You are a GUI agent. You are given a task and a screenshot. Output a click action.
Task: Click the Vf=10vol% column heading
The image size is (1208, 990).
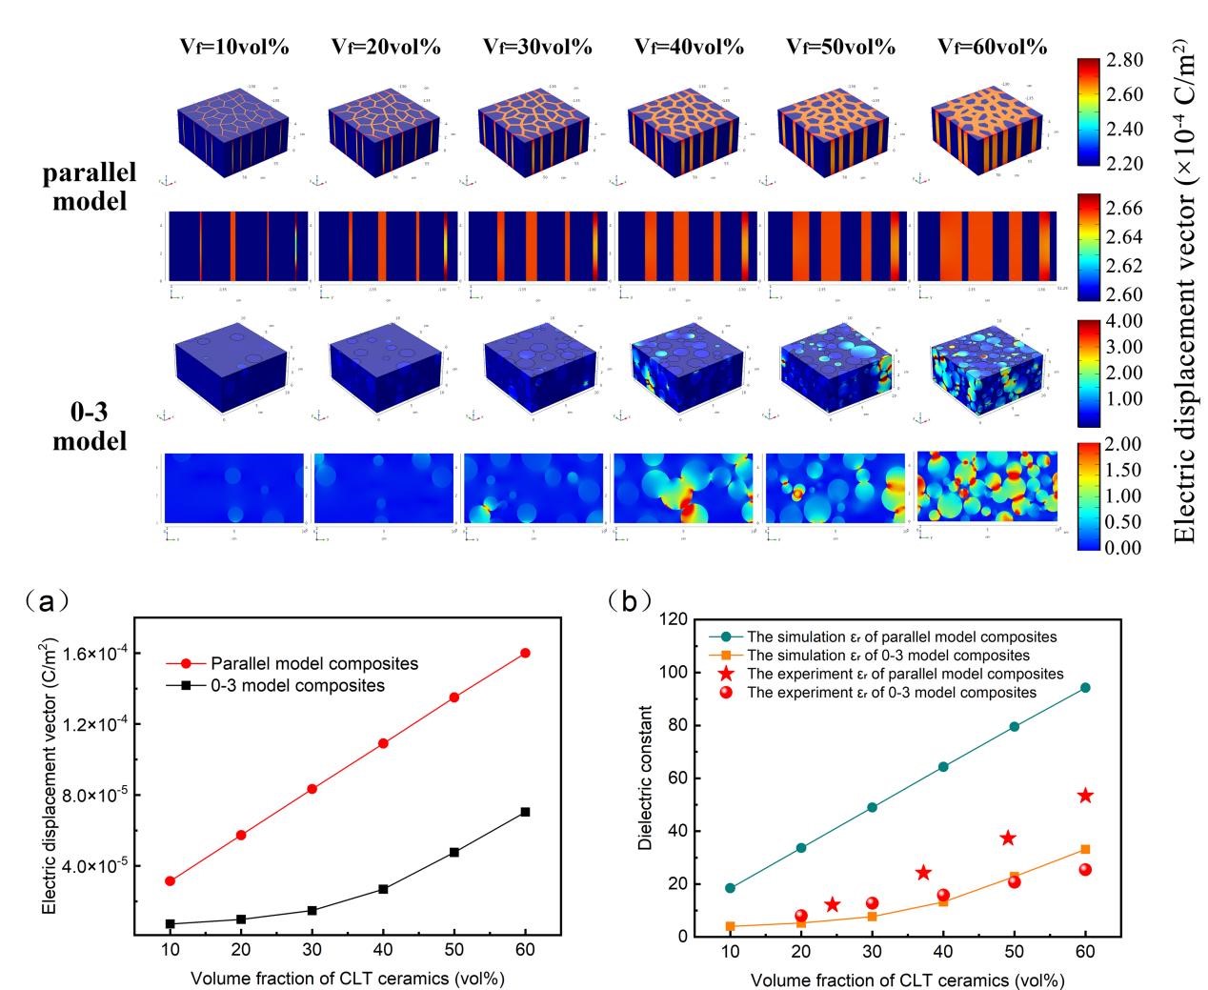click(233, 47)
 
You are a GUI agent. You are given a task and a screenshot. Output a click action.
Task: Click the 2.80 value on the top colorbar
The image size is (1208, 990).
click(1125, 61)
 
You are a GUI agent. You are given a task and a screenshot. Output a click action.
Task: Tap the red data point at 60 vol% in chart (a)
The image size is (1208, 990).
click(525, 653)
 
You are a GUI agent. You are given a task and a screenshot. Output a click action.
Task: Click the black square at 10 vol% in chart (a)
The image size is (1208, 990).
click(170, 924)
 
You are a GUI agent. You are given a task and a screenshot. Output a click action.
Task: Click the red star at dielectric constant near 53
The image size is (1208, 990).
click(1085, 796)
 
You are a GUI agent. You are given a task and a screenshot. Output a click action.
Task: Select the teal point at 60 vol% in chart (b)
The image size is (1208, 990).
click(1085, 687)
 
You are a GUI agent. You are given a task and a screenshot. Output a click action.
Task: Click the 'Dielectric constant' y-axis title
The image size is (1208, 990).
click(647, 778)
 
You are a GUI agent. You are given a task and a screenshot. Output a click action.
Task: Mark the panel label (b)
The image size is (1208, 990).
click(630, 600)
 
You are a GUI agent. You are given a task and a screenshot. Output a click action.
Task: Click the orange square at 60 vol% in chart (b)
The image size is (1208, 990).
click(1085, 849)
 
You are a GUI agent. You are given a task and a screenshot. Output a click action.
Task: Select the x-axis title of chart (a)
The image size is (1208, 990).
click(348, 979)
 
